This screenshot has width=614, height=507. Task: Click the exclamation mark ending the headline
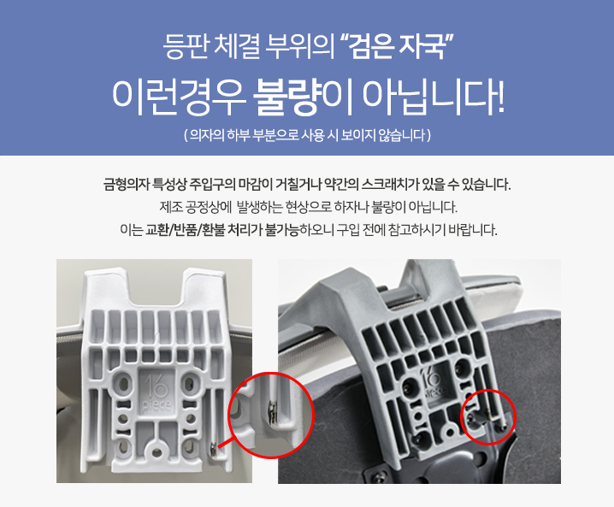pyautogui.click(x=499, y=99)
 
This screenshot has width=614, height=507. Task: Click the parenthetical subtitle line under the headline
pyautogui.click(x=307, y=135)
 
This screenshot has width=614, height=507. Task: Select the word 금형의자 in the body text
pyautogui.click(x=126, y=184)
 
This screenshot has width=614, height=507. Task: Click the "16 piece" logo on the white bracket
pyautogui.click(x=156, y=392)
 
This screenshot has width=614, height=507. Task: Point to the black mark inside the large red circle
pyautogui.click(x=272, y=412)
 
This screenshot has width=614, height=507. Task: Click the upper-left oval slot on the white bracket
pyautogui.click(x=123, y=381)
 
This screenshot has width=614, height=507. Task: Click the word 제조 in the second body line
pyautogui.click(x=171, y=207)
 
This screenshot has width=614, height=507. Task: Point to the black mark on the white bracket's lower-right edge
pyautogui.click(x=214, y=449)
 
